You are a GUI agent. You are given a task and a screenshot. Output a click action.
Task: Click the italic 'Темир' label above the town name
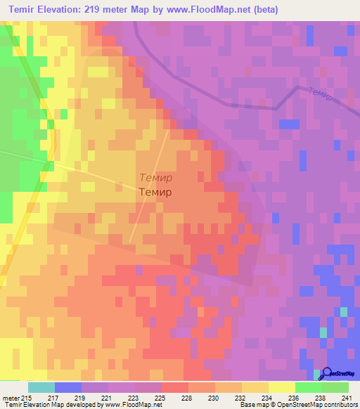155,178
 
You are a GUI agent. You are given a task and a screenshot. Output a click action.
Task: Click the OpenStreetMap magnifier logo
327,373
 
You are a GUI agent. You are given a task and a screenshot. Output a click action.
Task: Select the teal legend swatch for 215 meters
41,387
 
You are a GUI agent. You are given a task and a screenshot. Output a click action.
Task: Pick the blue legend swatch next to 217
68,387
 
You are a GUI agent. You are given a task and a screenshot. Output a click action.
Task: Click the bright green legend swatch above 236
308,387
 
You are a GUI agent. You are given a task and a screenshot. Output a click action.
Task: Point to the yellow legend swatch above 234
282,387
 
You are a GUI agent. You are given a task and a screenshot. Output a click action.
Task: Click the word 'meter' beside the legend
11,398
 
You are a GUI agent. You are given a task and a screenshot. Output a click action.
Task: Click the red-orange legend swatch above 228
175,387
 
